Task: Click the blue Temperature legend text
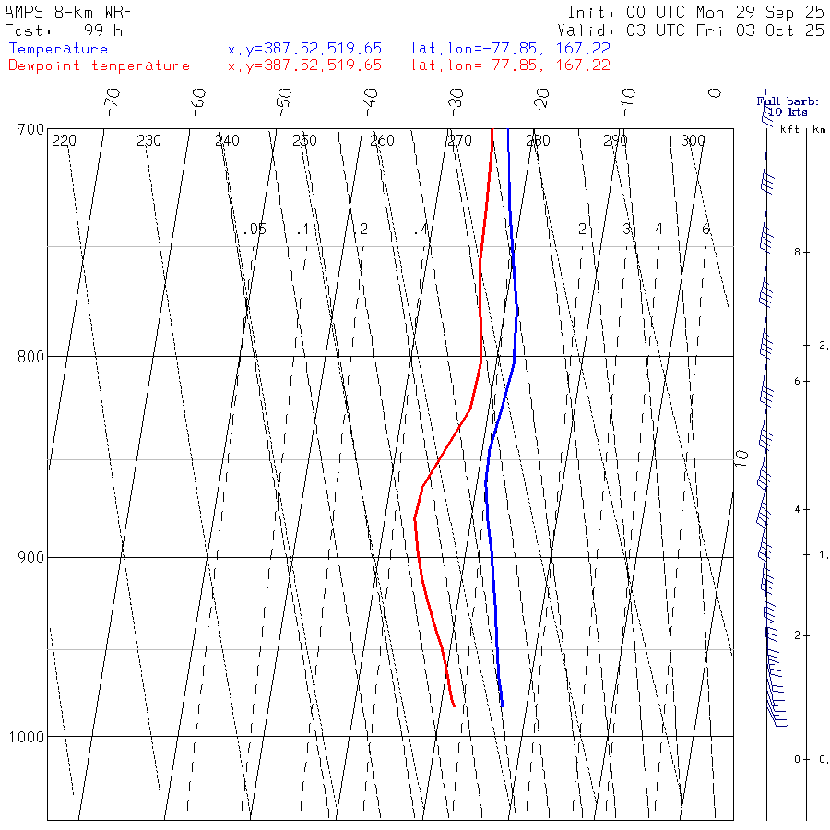pyautogui.click(x=58, y=49)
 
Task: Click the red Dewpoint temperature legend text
pyautogui.click(x=99, y=65)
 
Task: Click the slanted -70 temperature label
pyautogui.click(x=113, y=99)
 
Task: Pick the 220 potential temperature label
pyautogui.click(x=64, y=141)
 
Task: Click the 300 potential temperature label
pyautogui.click(x=693, y=141)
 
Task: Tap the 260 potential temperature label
pyautogui.click(x=382, y=141)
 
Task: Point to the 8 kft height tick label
pyautogui.click(x=781, y=252)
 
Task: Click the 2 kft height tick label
pyautogui.click(x=781, y=636)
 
